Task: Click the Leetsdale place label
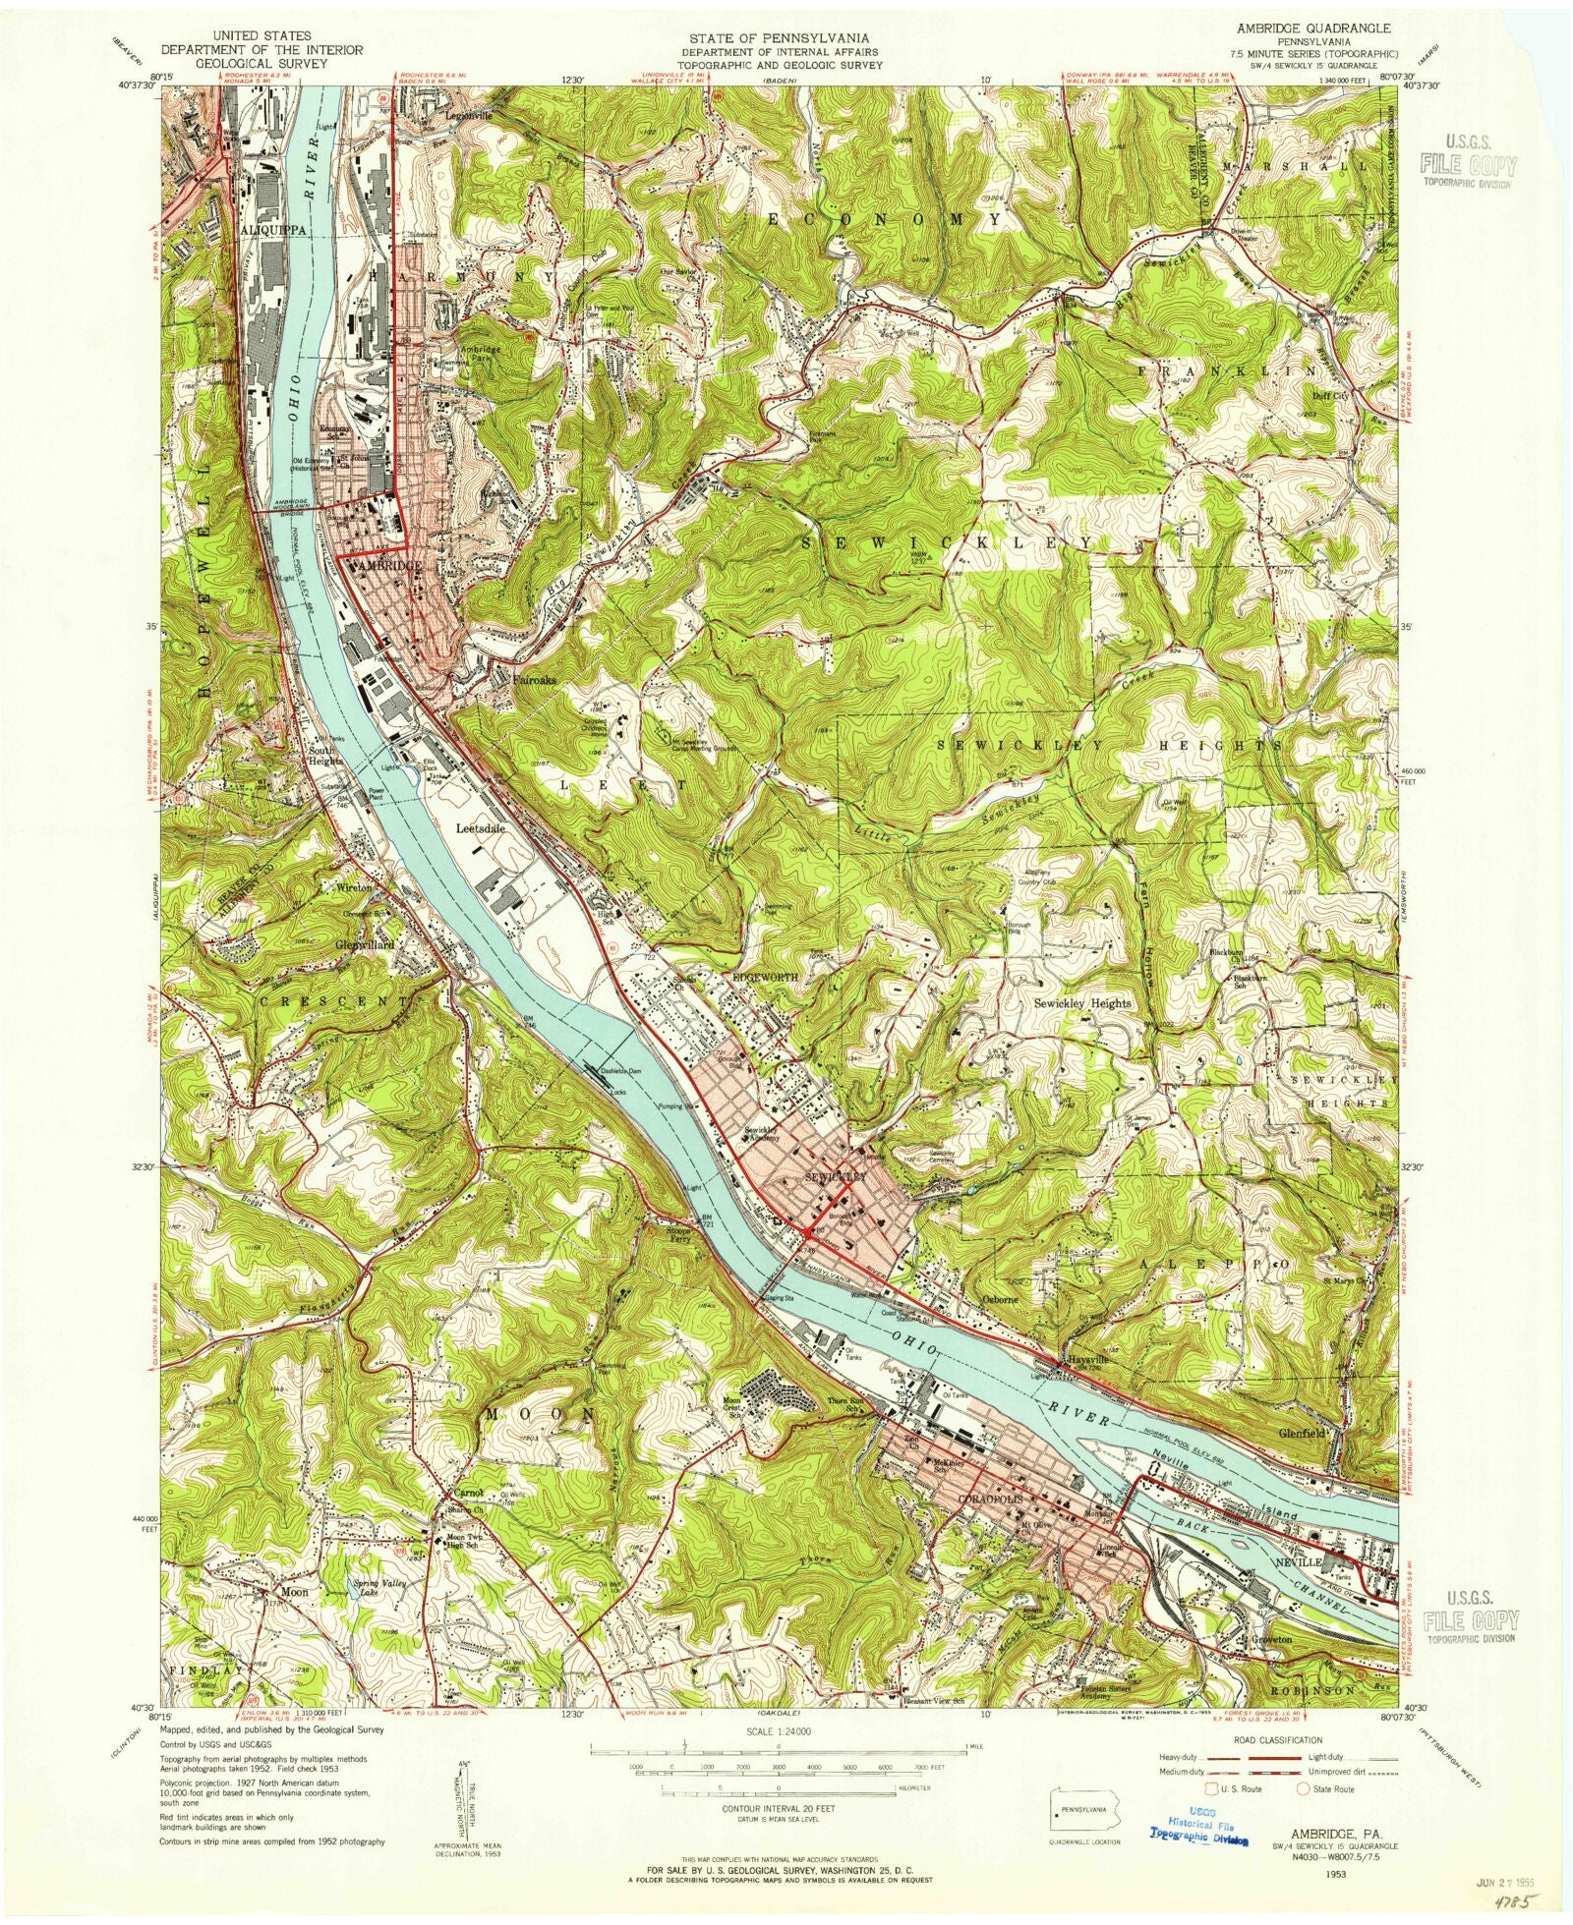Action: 482,827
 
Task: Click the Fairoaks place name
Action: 534,678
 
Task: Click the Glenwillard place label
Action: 365,944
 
